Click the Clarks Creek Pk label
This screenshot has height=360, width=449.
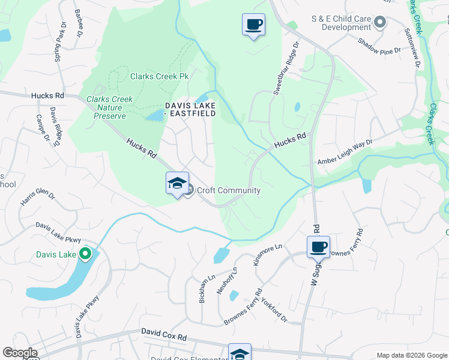(x=160, y=77)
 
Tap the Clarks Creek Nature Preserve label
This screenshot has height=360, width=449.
(x=106, y=107)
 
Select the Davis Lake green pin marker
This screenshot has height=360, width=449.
(x=85, y=254)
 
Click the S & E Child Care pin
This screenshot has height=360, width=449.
(x=379, y=23)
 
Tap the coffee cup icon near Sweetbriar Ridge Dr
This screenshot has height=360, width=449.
(x=253, y=25)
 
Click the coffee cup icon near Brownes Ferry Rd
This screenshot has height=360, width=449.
(x=318, y=246)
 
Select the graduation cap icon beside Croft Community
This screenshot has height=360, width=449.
(x=177, y=183)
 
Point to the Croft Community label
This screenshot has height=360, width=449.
(x=229, y=191)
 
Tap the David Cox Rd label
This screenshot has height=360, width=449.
(x=164, y=332)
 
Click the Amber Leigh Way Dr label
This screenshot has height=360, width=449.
(x=345, y=152)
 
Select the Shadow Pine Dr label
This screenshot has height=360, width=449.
(x=379, y=47)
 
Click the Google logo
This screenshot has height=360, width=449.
(x=20, y=353)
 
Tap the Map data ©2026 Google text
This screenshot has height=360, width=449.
(x=411, y=354)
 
